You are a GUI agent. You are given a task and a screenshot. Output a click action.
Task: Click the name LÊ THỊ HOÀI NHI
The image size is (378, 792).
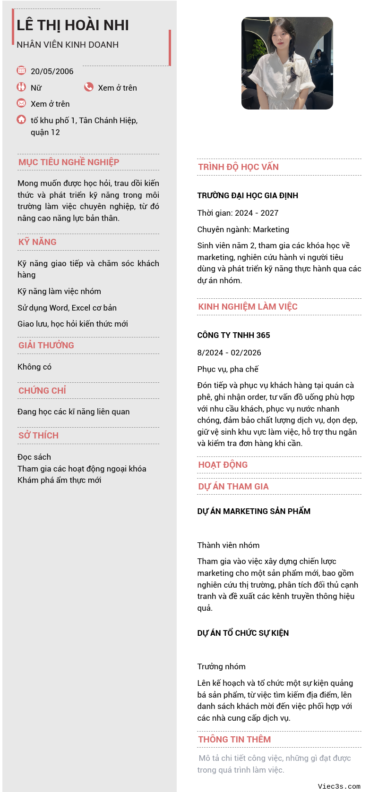73,25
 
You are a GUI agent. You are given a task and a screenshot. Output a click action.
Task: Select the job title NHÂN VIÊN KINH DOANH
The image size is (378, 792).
68,45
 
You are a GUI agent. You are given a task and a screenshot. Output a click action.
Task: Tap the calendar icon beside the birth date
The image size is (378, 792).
21,70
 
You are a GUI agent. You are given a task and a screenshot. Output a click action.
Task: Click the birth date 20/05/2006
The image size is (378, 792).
52,71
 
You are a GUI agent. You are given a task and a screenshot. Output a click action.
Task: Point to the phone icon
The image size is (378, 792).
89,87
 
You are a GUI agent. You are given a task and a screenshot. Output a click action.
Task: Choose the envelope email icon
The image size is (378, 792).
21,103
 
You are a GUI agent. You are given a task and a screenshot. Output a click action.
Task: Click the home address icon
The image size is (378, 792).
21,119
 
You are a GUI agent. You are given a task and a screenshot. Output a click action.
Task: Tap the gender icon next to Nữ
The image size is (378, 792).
21,87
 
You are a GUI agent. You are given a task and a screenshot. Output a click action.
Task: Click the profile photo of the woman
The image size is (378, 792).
287,63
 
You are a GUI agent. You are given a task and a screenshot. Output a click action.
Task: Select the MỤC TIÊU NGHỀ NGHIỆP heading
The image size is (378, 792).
69,162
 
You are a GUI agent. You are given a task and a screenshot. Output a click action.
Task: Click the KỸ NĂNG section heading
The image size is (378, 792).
37,242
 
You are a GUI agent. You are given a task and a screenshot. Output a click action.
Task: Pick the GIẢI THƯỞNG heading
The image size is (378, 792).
46,345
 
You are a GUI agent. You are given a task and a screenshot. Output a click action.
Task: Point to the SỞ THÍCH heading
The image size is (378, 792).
38,436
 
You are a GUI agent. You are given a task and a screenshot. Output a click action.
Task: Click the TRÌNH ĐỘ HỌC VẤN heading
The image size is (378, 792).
238,167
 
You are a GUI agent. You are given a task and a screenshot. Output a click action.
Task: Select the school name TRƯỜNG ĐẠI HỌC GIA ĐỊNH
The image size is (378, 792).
248,195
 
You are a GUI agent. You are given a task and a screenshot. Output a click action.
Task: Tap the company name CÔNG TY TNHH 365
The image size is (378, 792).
233,335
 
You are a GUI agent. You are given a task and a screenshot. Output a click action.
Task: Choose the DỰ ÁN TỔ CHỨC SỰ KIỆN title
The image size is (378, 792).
243,633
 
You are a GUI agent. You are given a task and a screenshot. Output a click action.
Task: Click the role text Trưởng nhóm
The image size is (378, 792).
221,666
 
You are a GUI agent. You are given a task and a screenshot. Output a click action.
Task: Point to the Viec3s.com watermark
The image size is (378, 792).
339,786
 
